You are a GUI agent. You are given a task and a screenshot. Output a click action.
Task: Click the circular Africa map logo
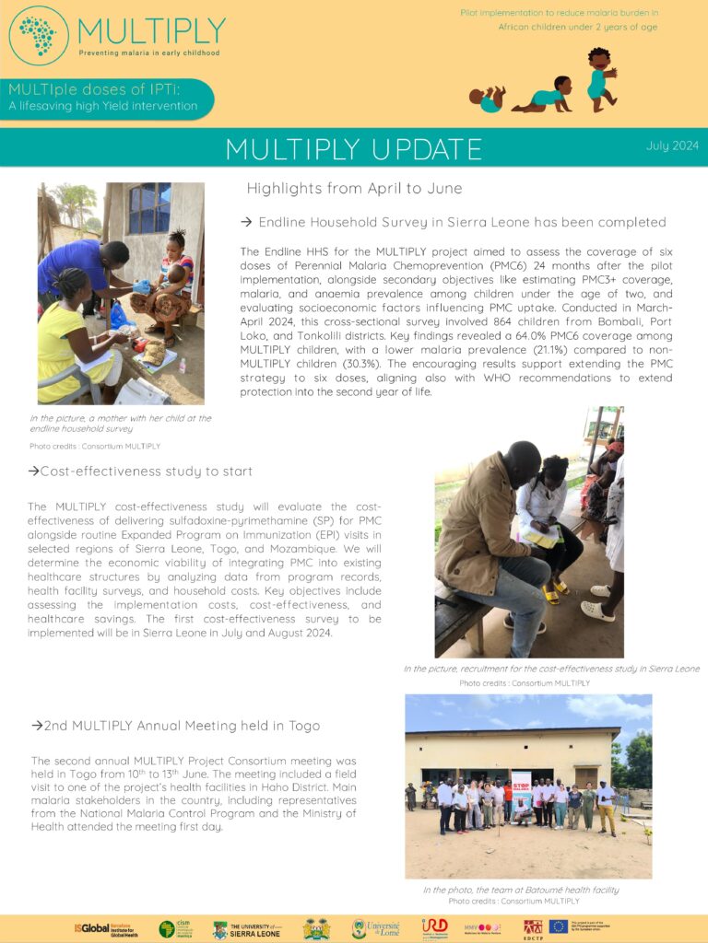coord(39,35)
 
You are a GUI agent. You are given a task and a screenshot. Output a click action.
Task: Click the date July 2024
coord(673,146)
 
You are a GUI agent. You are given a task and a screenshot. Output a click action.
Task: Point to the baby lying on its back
coord(487,98)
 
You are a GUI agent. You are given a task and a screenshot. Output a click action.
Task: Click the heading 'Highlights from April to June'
coord(354,189)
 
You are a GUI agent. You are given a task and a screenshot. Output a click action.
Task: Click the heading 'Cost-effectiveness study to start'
coord(140,471)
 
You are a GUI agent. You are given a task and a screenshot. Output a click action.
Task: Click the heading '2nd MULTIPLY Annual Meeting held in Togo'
coord(175,726)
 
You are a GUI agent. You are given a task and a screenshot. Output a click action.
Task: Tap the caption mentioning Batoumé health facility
coord(521,891)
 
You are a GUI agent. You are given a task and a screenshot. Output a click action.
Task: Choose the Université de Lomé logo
coord(375,928)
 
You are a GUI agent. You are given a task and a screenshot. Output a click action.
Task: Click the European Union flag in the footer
coord(583,926)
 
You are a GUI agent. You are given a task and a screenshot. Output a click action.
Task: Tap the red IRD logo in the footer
coord(434,926)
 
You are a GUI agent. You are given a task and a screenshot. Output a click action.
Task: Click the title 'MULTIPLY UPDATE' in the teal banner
coord(353,148)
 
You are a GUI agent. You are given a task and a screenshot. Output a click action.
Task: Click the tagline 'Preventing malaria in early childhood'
coord(148,53)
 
